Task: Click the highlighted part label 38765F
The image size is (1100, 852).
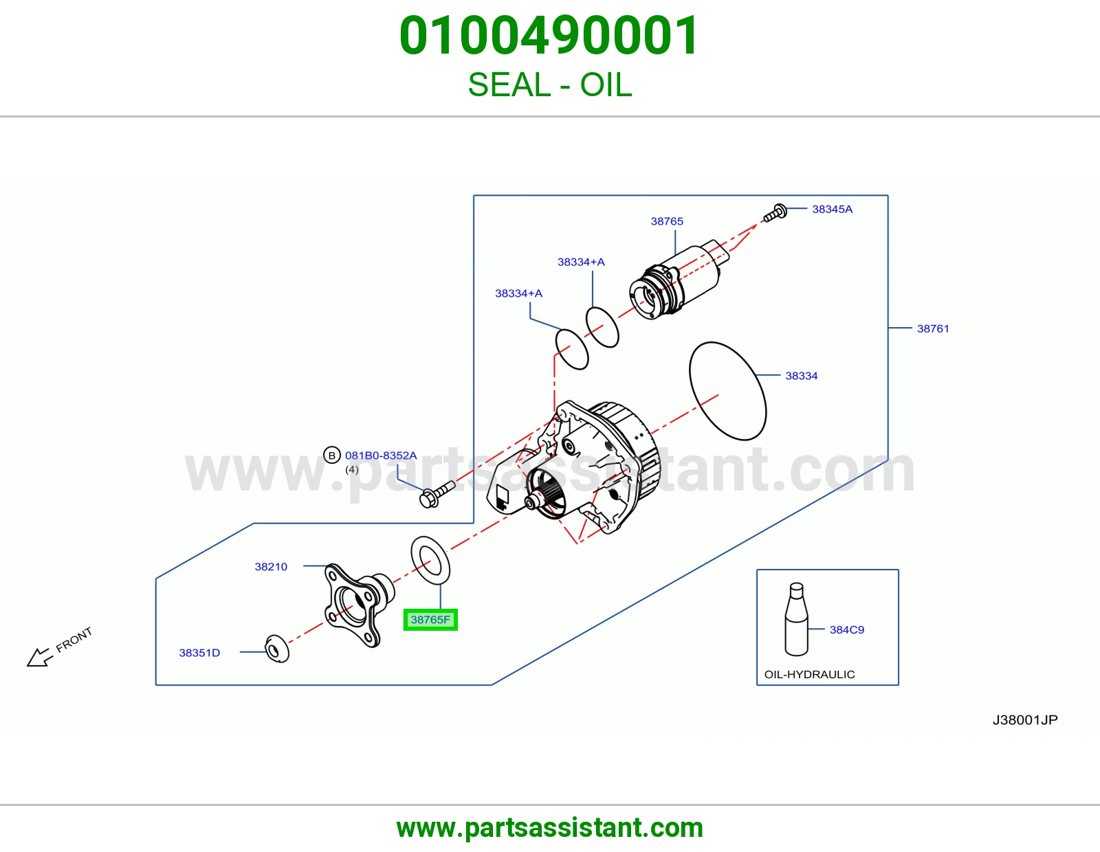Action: [x=430, y=620]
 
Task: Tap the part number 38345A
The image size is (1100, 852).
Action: [x=832, y=209]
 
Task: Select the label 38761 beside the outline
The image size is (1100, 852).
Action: [x=933, y=329]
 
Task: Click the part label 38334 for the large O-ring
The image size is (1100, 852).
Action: [x=802, y=376]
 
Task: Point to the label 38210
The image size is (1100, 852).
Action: [x=271, y=567]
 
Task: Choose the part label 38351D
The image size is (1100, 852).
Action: [x=199, y=653]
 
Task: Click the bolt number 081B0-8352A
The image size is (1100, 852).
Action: [x=381, y=456]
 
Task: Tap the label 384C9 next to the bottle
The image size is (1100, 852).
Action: [x=847, y=630]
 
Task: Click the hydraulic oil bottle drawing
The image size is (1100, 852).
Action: [x=796, y=619]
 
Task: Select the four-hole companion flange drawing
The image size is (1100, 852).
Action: [x=358, y=605]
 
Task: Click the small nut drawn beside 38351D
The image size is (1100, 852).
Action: [x=277, y=649]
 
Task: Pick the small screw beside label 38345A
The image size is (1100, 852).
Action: [x=775, y=213]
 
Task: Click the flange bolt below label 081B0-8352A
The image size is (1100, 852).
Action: [x=437, y=494]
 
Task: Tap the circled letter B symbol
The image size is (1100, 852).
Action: [x=331, y=456]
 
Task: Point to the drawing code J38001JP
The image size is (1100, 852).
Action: [x=1025, y=720]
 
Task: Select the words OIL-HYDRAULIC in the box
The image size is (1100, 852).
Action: [x=809, y=675]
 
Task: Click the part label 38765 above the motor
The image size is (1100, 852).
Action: [x=667, y=221]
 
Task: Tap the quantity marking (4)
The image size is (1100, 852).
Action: [x=352, y=469]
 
